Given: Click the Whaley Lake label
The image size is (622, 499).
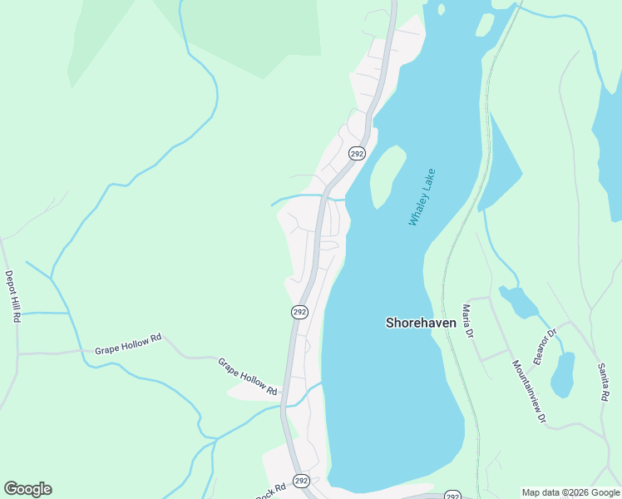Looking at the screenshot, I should [x=422, y=197].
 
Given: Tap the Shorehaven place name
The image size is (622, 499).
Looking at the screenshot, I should [x=422, y=323].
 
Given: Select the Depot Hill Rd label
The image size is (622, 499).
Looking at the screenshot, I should [x=12, y=296].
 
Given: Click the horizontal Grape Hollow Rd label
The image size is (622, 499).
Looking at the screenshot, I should [x=127, y=344].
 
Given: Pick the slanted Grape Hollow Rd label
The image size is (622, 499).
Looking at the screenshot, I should [x=247, y=376].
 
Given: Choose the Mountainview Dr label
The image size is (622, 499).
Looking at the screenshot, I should [x=529, y=393].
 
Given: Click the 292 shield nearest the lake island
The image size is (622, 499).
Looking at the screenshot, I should [x=357, y=154].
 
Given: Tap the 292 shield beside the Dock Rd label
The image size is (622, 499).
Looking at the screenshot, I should [x=301, y=481].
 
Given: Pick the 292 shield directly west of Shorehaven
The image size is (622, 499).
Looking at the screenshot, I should [x=300, y=312].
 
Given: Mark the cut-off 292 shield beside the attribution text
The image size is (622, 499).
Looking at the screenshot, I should [x=452, y=495].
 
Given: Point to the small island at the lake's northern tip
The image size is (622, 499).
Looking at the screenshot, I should [x=485, y=24].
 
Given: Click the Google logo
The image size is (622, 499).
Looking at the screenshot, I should [x=27, y=489].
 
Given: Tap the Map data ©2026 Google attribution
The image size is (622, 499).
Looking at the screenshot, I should [x=570, y=492].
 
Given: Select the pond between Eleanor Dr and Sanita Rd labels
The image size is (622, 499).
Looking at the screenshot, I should [x=563, y=374].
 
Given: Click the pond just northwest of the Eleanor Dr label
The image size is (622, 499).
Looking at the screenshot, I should [x=520, y=302].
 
